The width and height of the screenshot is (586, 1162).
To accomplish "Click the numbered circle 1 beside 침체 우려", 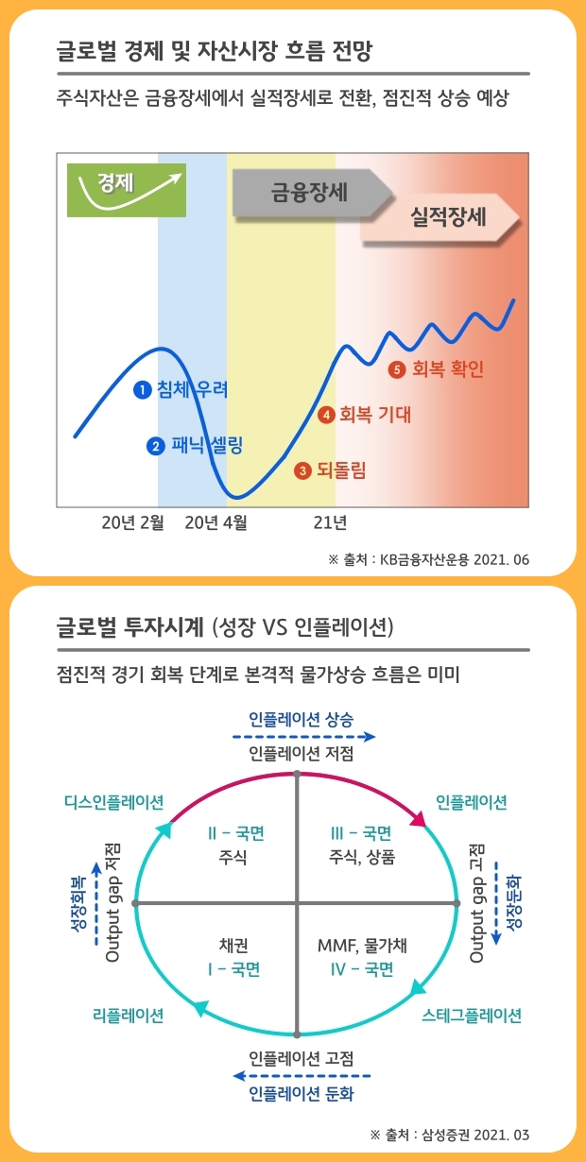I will (x=143, y=389).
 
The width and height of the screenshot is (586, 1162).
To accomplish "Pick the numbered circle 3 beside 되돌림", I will (x=302, y=470).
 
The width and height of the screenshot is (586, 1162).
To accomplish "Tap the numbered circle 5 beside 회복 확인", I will (x=397, y=369).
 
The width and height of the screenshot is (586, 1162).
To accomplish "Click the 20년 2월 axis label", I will (x=132, y=521).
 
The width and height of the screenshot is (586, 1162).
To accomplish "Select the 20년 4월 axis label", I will (x=216, y=521).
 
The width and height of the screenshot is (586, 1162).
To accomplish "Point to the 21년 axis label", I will (x=329, y=521).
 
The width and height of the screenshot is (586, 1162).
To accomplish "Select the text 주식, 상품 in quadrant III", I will (x=362, y=857).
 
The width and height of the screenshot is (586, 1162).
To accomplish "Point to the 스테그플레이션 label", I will (x=472, y=1016).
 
